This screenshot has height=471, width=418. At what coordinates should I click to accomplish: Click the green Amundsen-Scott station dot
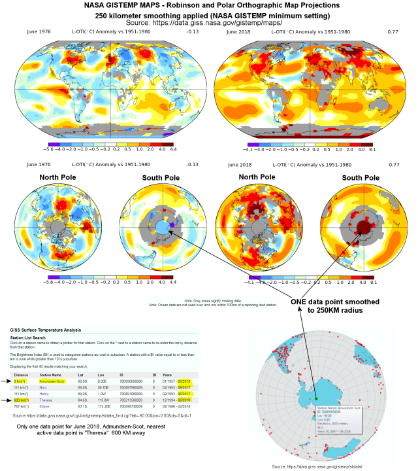(x=315, y=397)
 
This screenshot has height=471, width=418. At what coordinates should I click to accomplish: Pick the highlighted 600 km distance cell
(x=20, y=399)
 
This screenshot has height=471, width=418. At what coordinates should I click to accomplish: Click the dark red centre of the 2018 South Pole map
(x=359, y=226)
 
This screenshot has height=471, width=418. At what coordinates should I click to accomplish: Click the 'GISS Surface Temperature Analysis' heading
(x=44, y=331)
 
